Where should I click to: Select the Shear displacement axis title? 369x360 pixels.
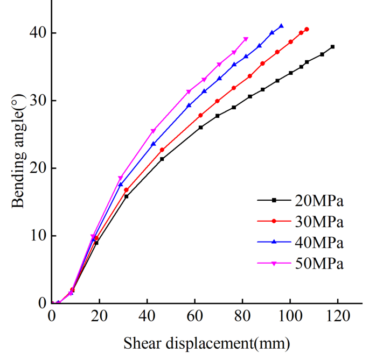pyautogui.click(x=206, y=342)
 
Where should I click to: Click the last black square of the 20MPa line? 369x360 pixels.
pyautogui.click(x=332, y=47)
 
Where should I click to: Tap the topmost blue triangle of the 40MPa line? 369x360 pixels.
pyautogui.click(x=281, y=25)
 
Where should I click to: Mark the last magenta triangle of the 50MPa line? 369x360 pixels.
pyautogui.click(x=246, y=39)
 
